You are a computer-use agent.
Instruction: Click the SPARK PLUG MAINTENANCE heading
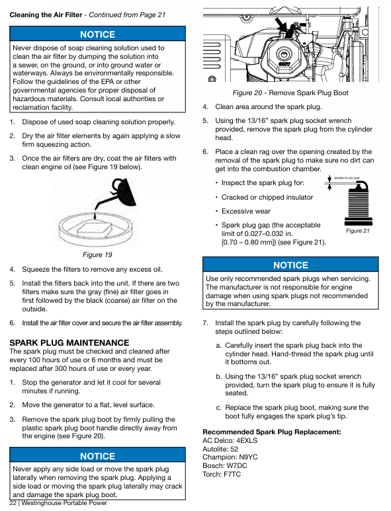[69, 342]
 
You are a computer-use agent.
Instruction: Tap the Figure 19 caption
[97, 255]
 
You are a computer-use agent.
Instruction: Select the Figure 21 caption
[357, 231]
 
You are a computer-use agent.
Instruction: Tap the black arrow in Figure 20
[282, 27]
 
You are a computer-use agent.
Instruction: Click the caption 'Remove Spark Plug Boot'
[308, 93]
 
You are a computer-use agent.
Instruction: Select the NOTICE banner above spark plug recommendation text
[290, 265]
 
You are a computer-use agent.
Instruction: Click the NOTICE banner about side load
[97, 455]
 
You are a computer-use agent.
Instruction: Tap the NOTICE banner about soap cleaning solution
[97, 34]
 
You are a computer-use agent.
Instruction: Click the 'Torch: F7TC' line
[222, 474]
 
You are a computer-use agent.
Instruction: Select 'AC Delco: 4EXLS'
[230, 440]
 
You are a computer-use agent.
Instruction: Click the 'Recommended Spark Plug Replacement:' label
[272, 432]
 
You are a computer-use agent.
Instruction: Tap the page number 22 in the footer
[13, 503]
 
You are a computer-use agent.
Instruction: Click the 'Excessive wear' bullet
[246, 211]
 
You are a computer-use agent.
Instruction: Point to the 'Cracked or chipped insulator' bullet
[267, 197]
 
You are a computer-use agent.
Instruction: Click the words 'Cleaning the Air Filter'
[46, 15]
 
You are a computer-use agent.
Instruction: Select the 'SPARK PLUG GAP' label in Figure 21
[347, 178]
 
